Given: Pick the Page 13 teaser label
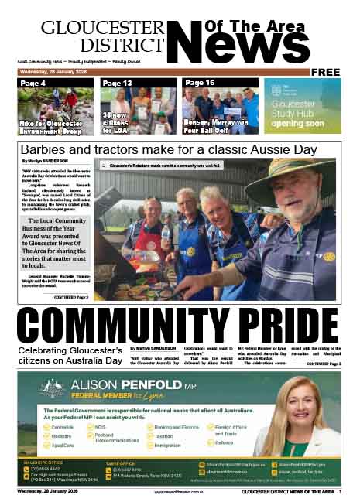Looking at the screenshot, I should (117, 83).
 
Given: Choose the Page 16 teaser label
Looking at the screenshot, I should (200, 83).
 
